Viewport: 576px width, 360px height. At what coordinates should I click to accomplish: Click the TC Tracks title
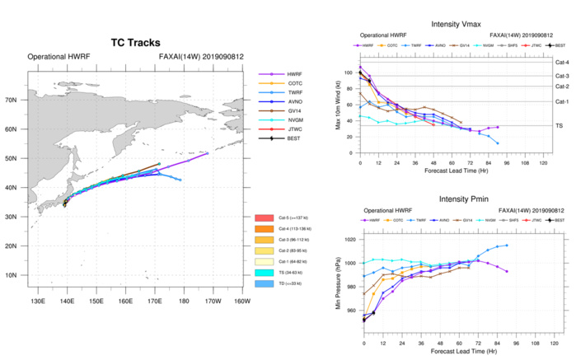[x=135, y=42]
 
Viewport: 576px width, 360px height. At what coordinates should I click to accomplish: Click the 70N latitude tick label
[x=12, y=100]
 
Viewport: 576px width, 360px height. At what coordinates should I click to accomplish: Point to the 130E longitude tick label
[x=37, y=301]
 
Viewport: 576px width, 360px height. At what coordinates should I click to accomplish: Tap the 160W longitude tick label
[x=241, y=301]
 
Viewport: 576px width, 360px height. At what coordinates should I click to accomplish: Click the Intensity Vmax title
[x=455, y=26]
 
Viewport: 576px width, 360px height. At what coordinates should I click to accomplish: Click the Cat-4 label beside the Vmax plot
[x=564, y=62]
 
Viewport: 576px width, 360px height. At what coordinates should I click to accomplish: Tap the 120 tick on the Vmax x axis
[x=544, y=164]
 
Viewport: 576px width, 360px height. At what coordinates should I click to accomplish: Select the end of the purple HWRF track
[x=208, y=153]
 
